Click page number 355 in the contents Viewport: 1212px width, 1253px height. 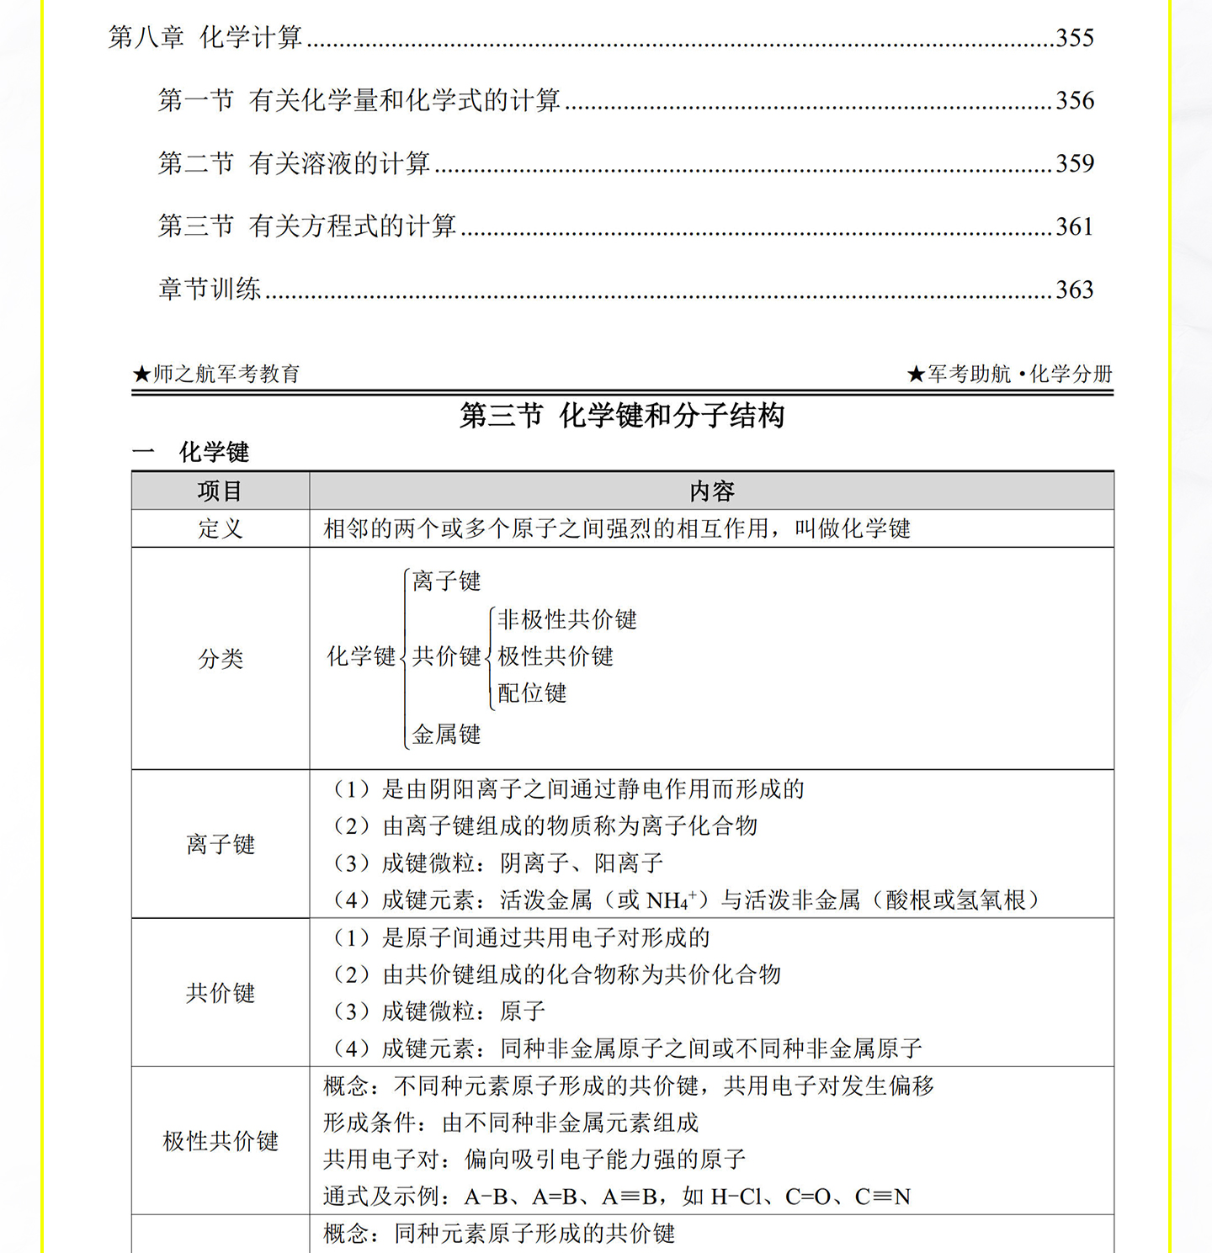pyautogui.click(x=1075, y=38)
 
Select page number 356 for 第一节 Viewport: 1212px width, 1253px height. pyautogui.click(x=1075, y=101)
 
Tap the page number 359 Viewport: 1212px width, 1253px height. pyautogui.click(x=1075, y=163)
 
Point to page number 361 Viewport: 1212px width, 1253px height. pyautogui.click(x=1075, y=226)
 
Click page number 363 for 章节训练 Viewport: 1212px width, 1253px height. pyautogui.click(x=1075, y=289)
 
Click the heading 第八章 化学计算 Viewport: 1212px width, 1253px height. pyautogui.click(x=205, y=38)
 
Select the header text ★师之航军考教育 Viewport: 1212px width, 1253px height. pyautogui.click(x=216, y=374)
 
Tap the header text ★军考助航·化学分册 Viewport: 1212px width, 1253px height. pyautogui.click(x=1010, y=374)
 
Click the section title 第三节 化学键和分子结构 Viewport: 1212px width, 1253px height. pyautogui.click(x=622, y=416)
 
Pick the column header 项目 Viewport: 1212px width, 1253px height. pyautogui.click(x=221, y=491)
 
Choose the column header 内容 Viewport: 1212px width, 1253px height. pyautogui.click(x=712, y=491)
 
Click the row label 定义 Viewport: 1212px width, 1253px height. pyautogui.click(x=221, y=528)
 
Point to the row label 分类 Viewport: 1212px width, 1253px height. pyautogui.click(x=221, y=659)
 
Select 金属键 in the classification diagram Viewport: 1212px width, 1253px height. pyautogui.click(x=447, y=735)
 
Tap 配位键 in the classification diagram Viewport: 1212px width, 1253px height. pyautogui.click(x=532, y=693)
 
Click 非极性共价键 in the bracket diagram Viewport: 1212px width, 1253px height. pyautogui.click(x=567, y=620)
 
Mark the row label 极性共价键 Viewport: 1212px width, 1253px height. pyautogui.click(x=221, y=1141)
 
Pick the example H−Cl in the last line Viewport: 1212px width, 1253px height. pyautogui.click(x=736, y=1197)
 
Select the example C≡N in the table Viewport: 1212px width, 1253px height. pyautogui.click(x=883, y=1197)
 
